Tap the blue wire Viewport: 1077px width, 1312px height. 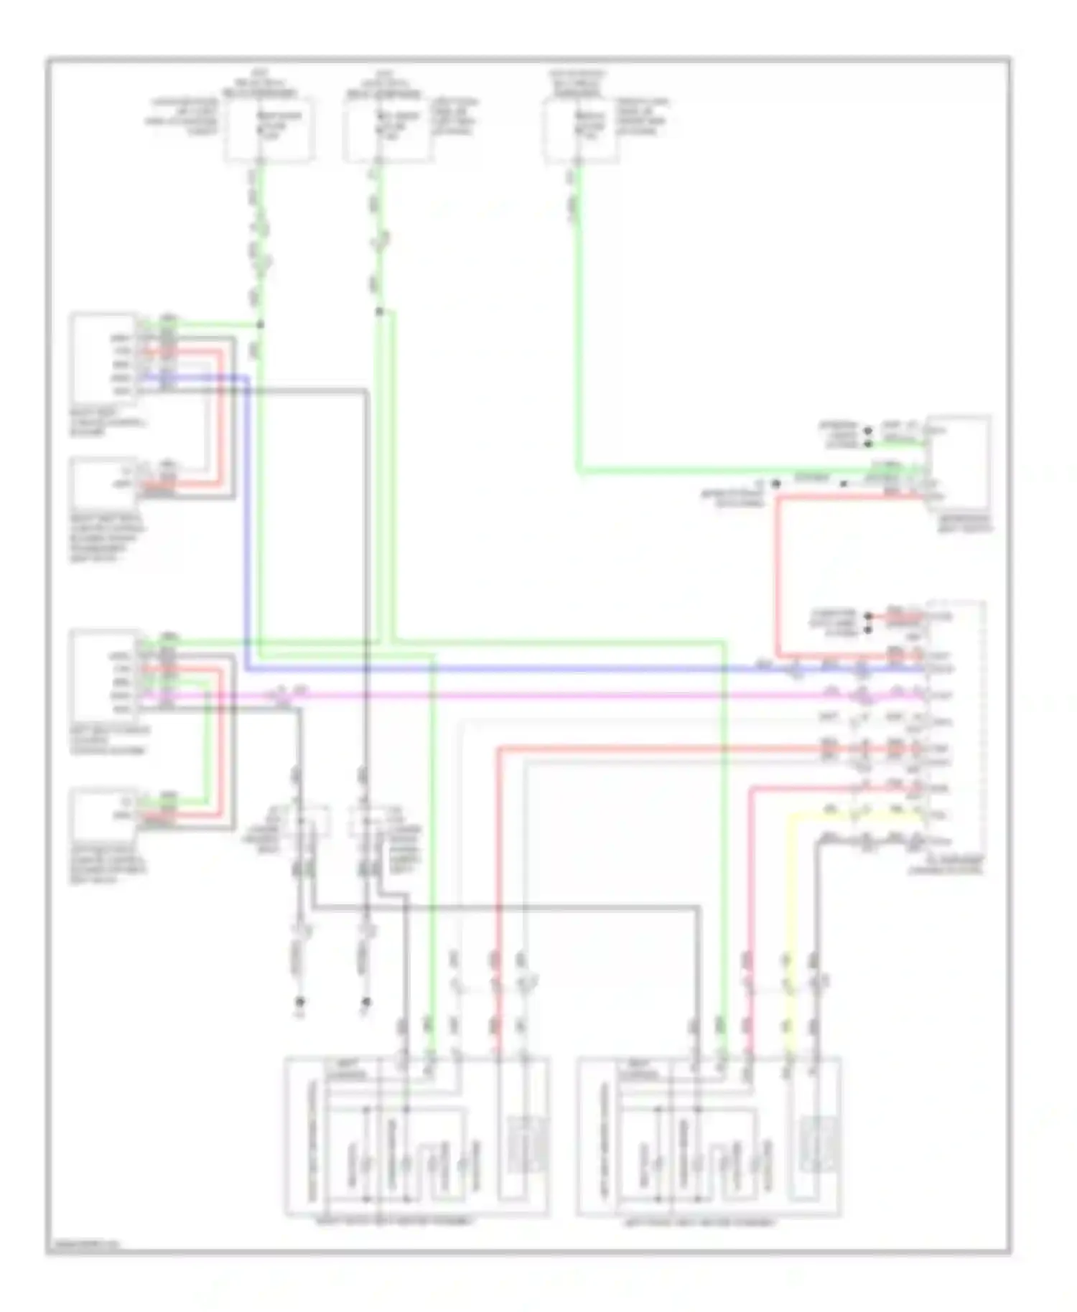tap(503, 670)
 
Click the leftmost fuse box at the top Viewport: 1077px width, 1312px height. tap(269, 130)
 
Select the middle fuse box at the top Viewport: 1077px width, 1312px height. tap(388, 130)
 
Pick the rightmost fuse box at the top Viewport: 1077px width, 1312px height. tap(580, 130)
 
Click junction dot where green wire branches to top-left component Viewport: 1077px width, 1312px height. tap(260, 324)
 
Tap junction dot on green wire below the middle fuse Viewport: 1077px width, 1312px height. tap(380, 311)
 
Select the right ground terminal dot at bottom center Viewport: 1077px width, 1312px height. tap(365, 1001)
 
